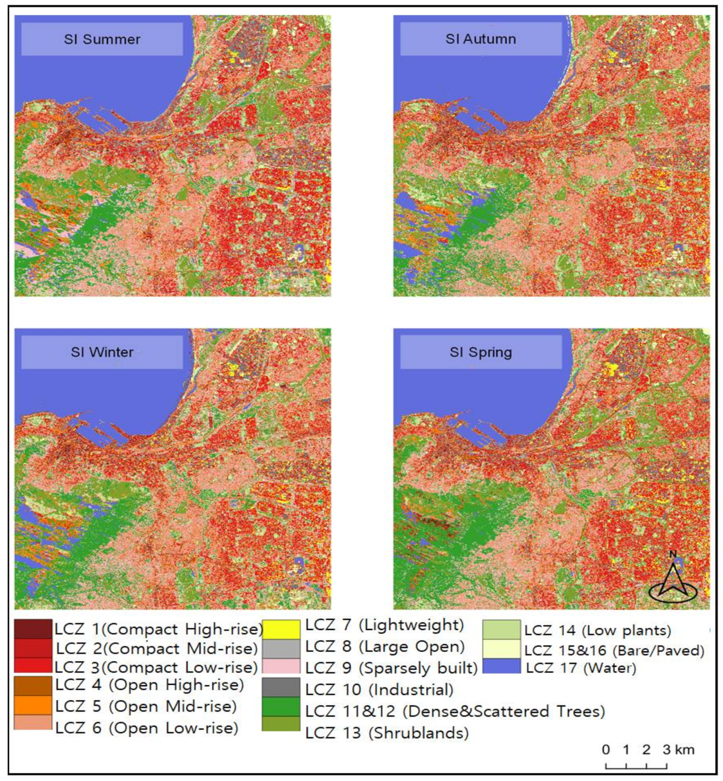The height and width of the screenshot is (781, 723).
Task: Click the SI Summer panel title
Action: click(102, 39)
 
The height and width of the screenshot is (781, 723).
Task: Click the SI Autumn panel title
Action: click(481, 39)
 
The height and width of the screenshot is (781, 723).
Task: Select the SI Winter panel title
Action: click(102, 352)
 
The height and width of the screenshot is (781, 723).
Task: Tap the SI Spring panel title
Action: click(481, 352)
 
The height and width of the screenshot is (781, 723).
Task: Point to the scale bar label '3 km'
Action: click(678, 750)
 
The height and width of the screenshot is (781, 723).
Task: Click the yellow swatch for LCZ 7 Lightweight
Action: click(281, 629)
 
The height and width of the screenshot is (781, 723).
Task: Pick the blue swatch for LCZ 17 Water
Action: click(501, 666)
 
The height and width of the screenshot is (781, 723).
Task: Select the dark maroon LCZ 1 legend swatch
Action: click(33, 629)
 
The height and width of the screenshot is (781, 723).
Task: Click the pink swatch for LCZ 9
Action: click(281, 666)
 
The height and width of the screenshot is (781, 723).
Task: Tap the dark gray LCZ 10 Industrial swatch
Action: click(281, 688)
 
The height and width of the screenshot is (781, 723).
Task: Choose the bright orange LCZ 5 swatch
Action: click(33, 705)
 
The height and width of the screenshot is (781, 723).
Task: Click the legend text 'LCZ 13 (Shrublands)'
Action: click(387, 733)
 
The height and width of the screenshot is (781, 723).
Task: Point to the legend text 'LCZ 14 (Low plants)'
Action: click(598, 631)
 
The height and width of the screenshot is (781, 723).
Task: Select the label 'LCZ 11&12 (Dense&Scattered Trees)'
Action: click(455, 711)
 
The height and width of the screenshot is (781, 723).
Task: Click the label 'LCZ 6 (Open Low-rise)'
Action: click(147, 727)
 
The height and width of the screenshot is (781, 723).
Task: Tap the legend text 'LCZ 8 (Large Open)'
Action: click(385, 647)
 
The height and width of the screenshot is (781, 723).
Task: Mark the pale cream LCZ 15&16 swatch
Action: click(501, 648)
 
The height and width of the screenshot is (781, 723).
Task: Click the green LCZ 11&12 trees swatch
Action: click(281, 707)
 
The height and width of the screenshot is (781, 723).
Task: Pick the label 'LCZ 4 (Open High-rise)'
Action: click(149, 685)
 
